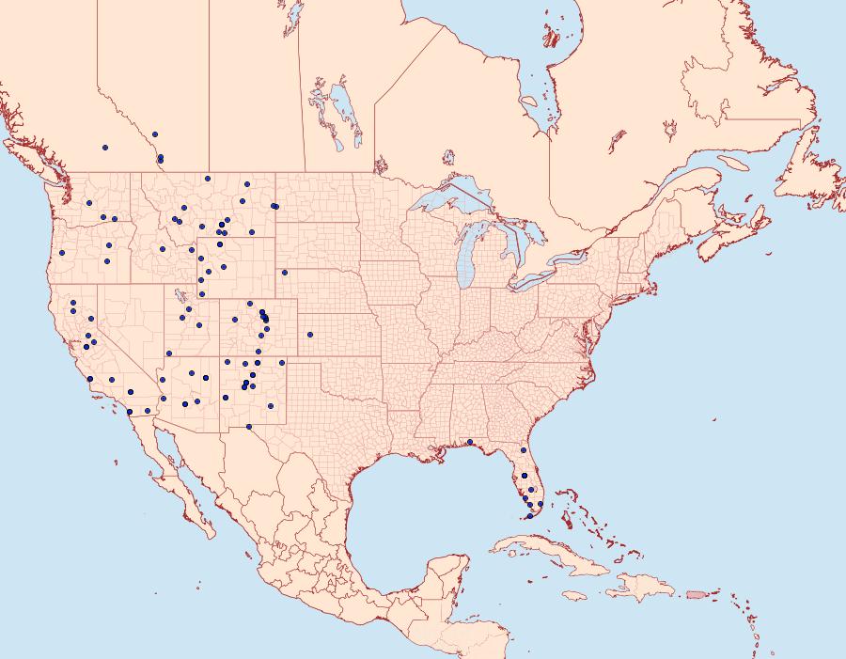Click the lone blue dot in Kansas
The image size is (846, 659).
pyautogui.click(x=309, y=334)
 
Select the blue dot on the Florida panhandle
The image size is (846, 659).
pyautogui.click(x=469, y=442)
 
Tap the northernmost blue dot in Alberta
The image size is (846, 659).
pyautogui.click(x=154, y=133)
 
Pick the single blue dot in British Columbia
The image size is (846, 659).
pyautogui.click(x=105, y=147)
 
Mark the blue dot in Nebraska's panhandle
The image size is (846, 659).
pyautogui.click(x=284, y=273)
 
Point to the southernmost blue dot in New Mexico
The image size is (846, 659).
pyautogui.click(x=248, y=427)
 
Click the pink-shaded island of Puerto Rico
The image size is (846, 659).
pyautogui.click(x=696, y=593)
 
